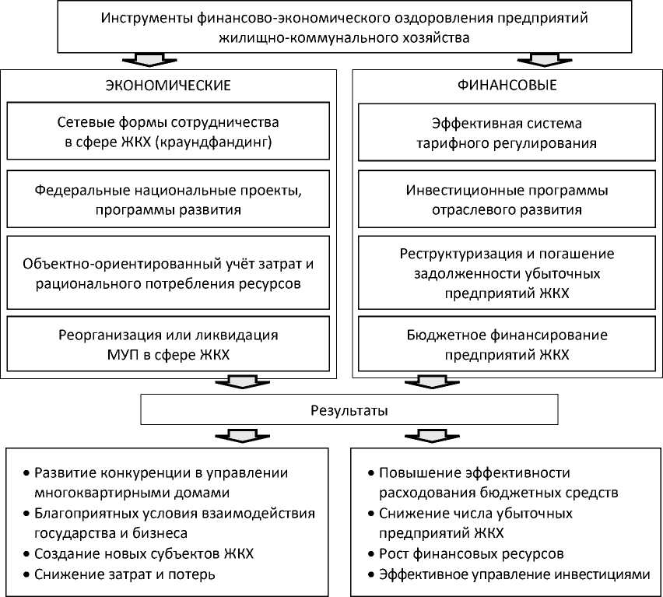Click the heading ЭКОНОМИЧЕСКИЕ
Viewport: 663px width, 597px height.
tap(168, 86)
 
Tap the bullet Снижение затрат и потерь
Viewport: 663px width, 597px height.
tap(125, 574)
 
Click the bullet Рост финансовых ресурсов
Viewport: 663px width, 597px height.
tap(472, 553)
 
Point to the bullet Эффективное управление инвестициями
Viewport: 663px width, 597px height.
tap(514, 574)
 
